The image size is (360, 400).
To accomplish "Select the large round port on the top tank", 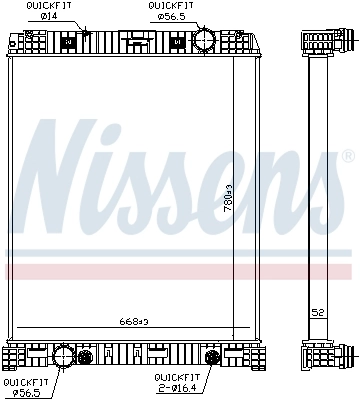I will click(x=203, y=42).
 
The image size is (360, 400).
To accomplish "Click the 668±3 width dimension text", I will click(x=133, y=321).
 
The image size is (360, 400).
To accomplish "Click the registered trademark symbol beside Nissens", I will click(x=348, y=155).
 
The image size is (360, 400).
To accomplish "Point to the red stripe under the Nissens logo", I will click(x=180, y=271).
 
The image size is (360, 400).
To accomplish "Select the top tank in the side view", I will click(x=319, y=44).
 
